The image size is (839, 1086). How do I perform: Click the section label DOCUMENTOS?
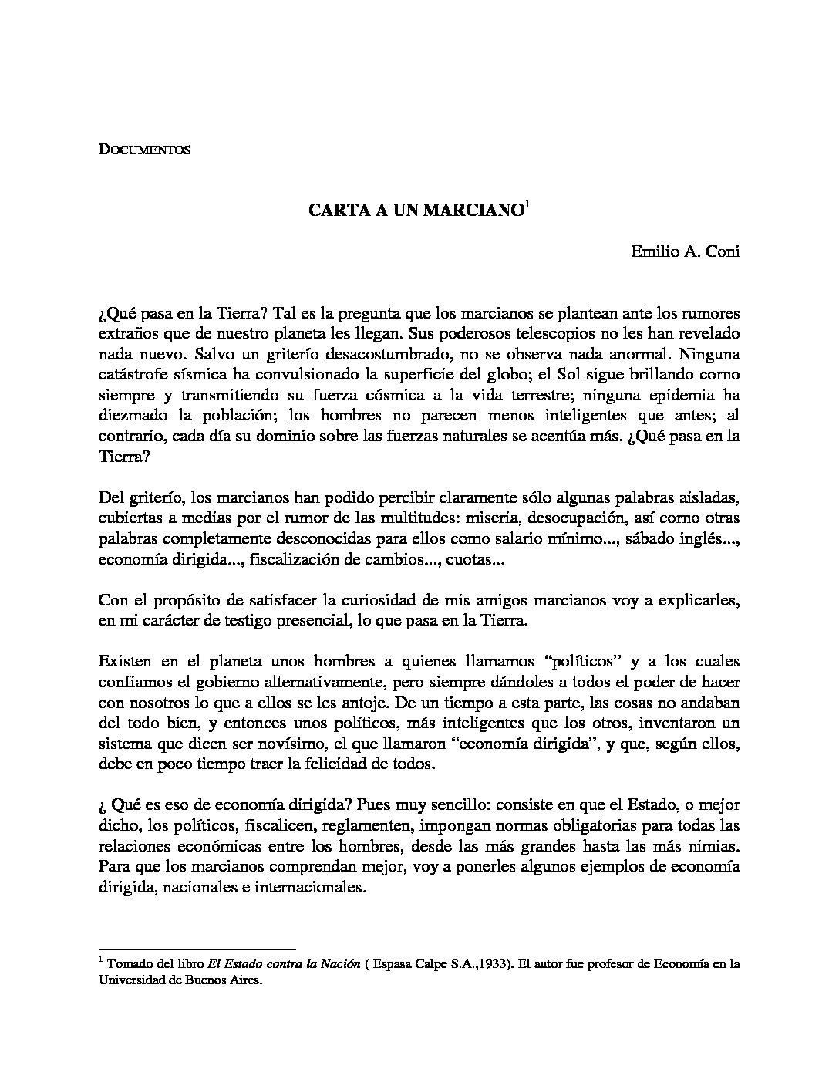pos(144,150)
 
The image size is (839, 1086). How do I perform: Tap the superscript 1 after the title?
pos(527,205)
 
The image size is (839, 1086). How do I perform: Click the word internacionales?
pos(307,887)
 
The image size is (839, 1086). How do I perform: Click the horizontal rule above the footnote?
pos(197,949)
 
